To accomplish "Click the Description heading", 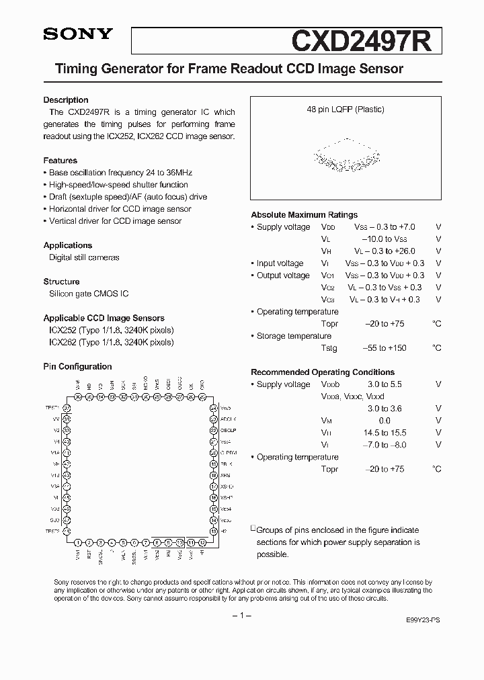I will click(66, 100).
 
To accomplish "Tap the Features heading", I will click(61, 161).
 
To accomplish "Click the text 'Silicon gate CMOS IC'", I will click(89, 294).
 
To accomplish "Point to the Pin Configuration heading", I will click(77, 367).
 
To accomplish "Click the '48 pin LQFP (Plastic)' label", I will click(346, 110).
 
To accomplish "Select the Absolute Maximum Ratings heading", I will click(304, 215).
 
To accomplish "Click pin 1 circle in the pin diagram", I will click(79, 542).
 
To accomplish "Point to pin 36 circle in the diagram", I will click(79, 397).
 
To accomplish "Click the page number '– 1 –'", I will click(241, 615).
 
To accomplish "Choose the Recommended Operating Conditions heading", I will click(323, 372).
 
